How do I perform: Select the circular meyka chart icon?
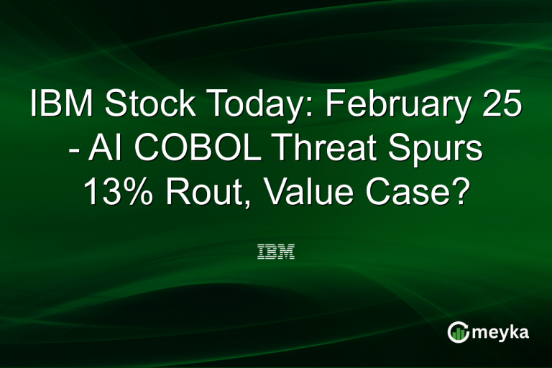pyautogui.click(x=459, y=332)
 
